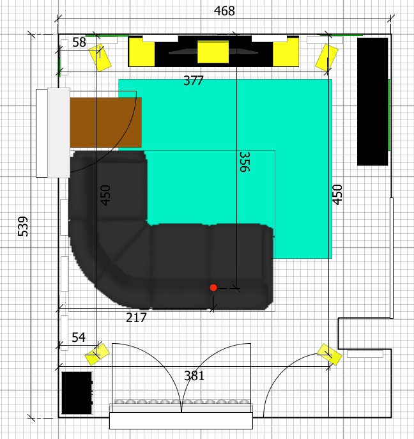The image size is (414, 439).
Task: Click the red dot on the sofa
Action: [x=213, y=288]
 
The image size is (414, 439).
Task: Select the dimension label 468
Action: [x=224, y=11]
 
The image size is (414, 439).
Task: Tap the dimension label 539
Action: [x=24, y=227]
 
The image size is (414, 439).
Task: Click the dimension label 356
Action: [x=244, y=162]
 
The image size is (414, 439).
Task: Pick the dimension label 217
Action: [x=136, y=318]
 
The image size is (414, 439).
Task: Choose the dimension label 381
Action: [x=194, y=376]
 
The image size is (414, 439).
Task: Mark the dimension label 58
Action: [x=79, y=43]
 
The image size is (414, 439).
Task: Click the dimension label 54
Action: [x=78, y=337]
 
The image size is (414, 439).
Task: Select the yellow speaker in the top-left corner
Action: [x=100, y=58]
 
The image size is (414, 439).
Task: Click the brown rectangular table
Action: [x=105, y=123]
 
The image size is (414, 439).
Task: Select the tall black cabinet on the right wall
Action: [x=372, y=101]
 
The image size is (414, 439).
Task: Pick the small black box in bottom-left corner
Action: [x=77, y=392]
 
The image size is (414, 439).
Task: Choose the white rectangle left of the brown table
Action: [x=58, y=133]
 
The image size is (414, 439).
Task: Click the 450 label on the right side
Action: [x=338, y=194]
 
